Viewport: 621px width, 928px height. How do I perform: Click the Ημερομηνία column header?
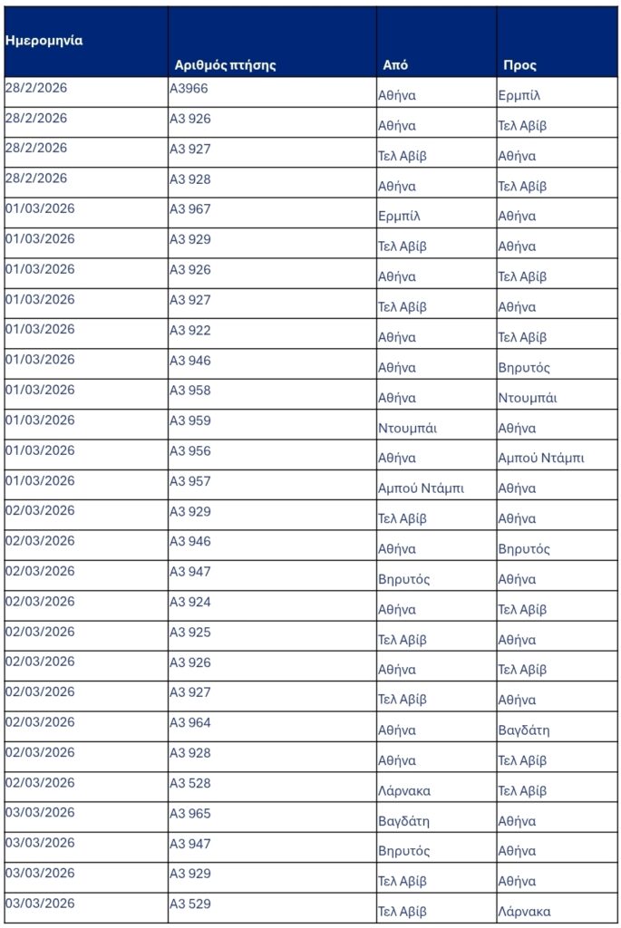pyautogui.click(x=44, y=41)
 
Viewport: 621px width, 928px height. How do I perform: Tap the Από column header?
pyautogui.click(x=395, y=65)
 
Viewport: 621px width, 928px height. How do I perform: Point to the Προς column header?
pyautogui.click(x=520, y=65)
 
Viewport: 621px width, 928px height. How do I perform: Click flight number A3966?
pyautogui.click(x=189, y=89)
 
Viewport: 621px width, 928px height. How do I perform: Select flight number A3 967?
pyautogui.click(x=190, y=209)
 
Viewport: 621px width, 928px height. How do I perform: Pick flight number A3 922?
pyautogui.click(x=190, y=330)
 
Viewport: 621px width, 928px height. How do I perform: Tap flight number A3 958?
pyautogui.click(x=190, y=391)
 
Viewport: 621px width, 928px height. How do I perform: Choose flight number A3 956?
pyautogui.click(x=190, y=450)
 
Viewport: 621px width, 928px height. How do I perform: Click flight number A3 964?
pyautogui.click(x=190, y=722)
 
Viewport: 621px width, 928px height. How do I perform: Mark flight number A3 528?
pyautogui.click(x=190, y=783)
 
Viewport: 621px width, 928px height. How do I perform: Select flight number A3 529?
pyautogui.click(x=190, y=904)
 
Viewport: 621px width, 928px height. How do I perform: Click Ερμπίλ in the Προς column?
pyautogui.click(x=519, y=95)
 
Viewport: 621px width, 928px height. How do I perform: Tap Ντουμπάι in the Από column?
pyautogui.click(x=407, y=428)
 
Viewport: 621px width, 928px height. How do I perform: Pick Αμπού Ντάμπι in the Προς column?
pyautogui.click(x=541, y=458)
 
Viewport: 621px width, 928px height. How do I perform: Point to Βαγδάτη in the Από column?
pyautogui.click(x=403, y=821)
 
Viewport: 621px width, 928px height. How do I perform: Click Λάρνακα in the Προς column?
pyautogui.click(x=524, y=912)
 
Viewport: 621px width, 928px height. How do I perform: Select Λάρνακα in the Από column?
pyautogui.click(x=404, y=790)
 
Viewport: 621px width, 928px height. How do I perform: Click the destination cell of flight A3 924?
pyautogui.click(x=522, y=609)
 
